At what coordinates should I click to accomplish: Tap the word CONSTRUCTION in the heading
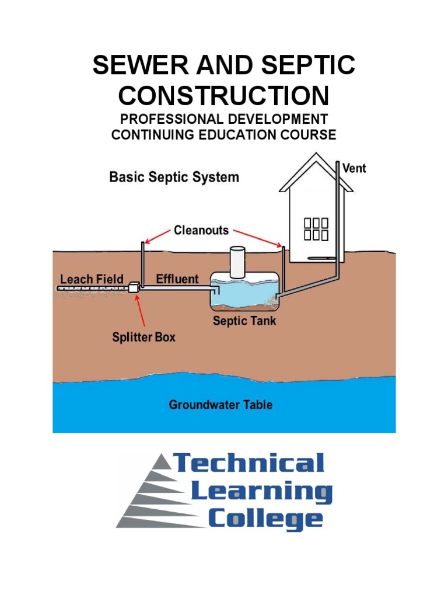(x=223, y=95)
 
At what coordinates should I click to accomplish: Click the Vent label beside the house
(x=353, y=168)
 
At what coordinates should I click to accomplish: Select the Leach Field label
(x=92, y=279)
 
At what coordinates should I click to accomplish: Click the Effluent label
(x=177, y=279)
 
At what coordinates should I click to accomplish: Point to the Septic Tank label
(x=244, y=321)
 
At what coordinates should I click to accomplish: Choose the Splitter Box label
(x=143, y=337)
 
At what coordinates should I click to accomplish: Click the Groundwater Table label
(x=220, y=404)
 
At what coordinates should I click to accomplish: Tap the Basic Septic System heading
(x=174, y=177)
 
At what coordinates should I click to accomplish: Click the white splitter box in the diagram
(x=134, y=287)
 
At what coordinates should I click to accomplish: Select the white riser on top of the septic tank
(x=237, y=262)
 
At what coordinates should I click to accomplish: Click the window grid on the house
(x=316, y=229)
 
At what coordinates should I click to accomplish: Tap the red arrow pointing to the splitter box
(x=141, y=310)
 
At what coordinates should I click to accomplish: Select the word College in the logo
(x=265, y=518)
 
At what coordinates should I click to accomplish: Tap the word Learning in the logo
(x=262, y=491)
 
